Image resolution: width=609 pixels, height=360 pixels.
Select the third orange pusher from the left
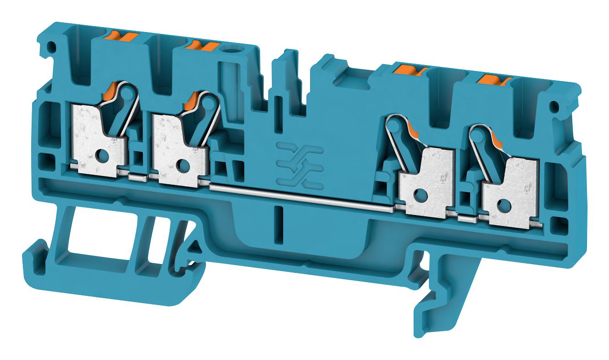[410, 70]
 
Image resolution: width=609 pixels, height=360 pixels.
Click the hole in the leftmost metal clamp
[101, 157]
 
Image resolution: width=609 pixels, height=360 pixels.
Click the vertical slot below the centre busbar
[277, 223]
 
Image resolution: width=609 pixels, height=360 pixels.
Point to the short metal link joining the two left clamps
[138, 177]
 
